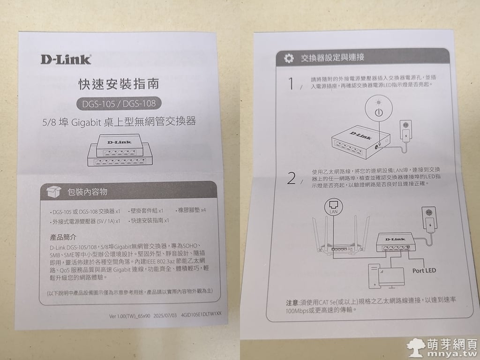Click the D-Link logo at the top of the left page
coord(66,60)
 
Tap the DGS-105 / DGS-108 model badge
coord(119,104)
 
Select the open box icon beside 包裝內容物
coord(54,192)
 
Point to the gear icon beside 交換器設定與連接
coord(289,58)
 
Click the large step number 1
coord(291,84)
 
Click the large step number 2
coord(292,178)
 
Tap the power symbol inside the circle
coord(379,112)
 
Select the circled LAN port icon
coord(333,207)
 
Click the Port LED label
coord(424,270)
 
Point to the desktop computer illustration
coord(386,276)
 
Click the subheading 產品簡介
coord(63,237)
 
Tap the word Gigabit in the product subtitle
coord(86,122)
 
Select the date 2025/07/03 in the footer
coord(165,315)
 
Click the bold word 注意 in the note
coord(292,303)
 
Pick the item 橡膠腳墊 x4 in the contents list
coord(192,210)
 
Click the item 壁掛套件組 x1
coord(146,211)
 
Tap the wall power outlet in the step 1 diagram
coord(405,131)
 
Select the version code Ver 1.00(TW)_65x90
coord(129,316)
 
